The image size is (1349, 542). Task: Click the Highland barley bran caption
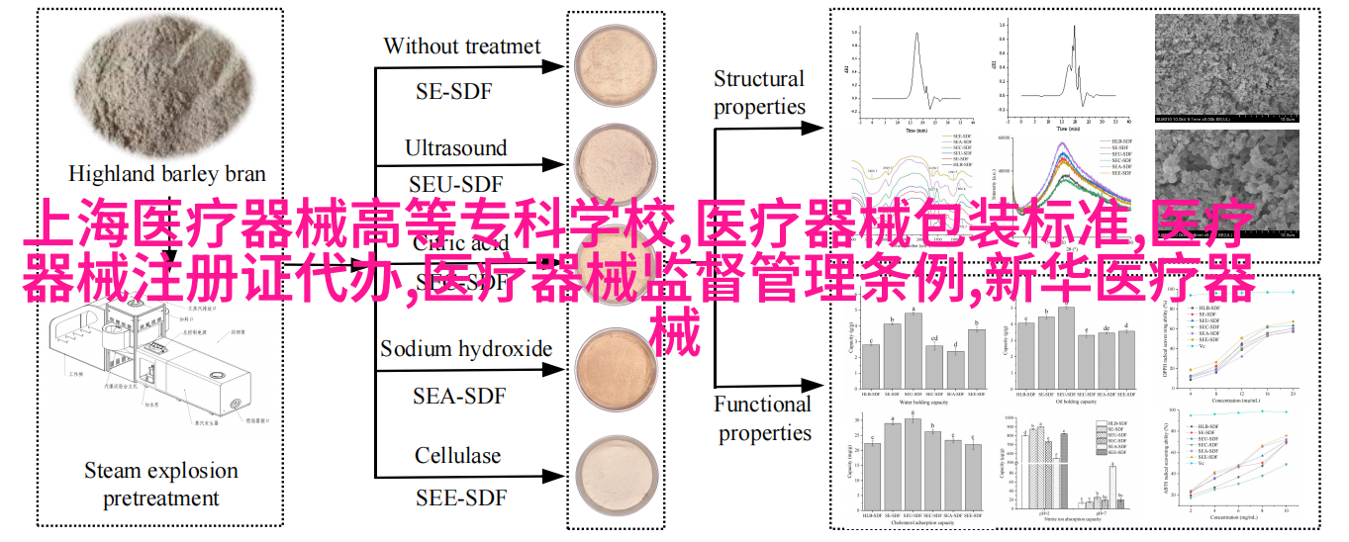(x=166, y=174)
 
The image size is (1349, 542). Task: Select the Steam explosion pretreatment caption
(x=160, y=484)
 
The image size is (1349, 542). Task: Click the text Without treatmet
(x=461, y=45)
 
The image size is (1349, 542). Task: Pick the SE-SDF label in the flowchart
(x=453, y=91)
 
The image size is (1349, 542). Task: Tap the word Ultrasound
(x=455, y=148)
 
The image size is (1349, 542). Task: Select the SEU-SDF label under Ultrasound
(x=455, y=185)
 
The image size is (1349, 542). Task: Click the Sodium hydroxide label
(x=466, y=348)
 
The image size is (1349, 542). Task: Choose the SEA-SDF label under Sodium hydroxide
(x=459, y=396)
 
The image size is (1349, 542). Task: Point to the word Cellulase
(x=457, y=456)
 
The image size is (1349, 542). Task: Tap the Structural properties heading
(x=759, y=93)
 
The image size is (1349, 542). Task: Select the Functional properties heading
(x=763, y=418)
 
